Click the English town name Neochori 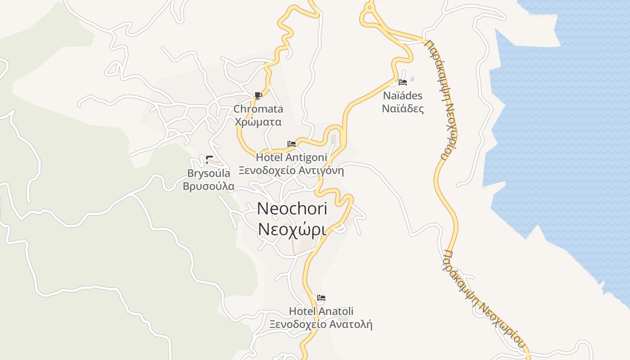[x=292, y=208]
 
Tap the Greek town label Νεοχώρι [x=292, y=229]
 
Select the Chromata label [x=258, y=109]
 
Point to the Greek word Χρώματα [x=258, y=121]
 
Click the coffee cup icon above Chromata [x=258, y=95]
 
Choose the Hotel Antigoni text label [x=291, y=157]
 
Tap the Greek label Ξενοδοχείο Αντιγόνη [x=291, y=171]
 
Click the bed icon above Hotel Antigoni [x=292, y=144]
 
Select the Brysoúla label [x=208, y=173]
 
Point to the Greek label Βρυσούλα [x=208, y=186]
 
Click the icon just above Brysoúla [x=209, y=159]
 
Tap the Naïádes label [x=403, y=95]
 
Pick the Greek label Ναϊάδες [x=403, y=108]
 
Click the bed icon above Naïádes [x=403, y=82]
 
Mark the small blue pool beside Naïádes [x=412, y=79]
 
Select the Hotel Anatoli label [x=321, y=311]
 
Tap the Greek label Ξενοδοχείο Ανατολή [x=321, y=324]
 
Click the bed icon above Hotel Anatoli [x=321, y=298]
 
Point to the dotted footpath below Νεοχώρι [x=293, y=246]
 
